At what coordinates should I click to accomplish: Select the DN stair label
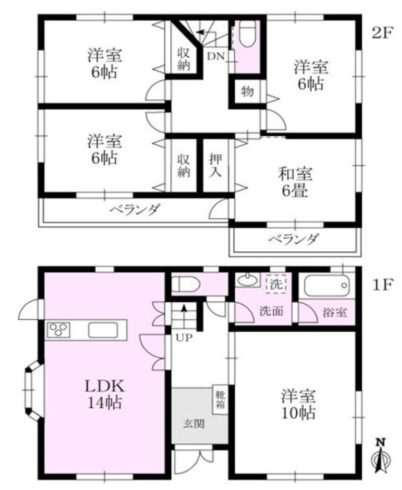click(216, 57)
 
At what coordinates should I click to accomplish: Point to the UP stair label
click(184, 337)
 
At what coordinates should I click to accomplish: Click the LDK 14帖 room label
click(105, 395)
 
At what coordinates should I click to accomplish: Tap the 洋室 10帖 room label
click(299, 404)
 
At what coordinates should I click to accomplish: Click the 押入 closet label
click(215, 166)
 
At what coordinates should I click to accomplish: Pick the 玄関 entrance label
click(194, 424)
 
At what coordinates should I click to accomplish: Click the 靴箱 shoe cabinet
click(220, 399)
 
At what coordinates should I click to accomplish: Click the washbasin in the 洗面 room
click(247, 280)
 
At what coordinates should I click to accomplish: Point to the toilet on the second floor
click(248, 34)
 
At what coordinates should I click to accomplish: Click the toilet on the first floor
click(186, 285)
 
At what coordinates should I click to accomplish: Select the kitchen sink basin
click(103, 330)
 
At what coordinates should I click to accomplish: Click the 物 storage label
click(247, 92)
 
